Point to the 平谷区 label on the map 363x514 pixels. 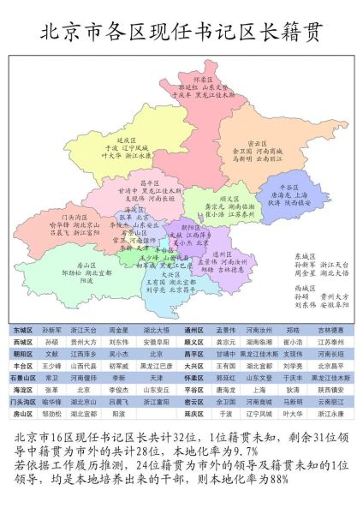tap(291, 186)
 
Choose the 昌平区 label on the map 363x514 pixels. tap(150, 182)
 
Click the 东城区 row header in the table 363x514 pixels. tap(23, 329)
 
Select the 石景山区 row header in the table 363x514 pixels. tap(23, 377)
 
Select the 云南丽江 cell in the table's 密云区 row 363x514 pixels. tap(329, 401)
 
